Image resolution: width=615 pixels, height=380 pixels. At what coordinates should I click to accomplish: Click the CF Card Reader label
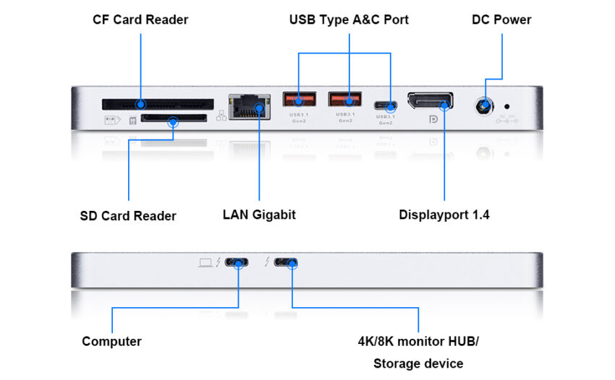point(140,20)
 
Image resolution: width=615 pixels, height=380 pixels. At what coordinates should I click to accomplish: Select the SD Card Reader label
point(128,215)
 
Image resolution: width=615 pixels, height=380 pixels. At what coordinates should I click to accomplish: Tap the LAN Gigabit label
point(259,215)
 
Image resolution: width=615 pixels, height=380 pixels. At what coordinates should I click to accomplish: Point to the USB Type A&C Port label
point(349,20)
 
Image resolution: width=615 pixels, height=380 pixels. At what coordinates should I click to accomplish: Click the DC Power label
point(501,20)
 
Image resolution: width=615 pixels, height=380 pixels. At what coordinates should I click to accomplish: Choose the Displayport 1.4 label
point(444,215)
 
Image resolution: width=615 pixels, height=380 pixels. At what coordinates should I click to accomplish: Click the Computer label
point(111,341)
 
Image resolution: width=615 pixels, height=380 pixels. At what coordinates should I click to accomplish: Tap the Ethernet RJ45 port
point(250,107)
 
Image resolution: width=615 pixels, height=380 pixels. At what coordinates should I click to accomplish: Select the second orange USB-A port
point(345,99)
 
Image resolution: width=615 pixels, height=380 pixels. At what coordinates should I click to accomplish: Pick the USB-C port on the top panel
point(385,105)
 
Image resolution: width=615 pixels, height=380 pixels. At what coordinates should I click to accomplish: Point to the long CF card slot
point(158,103)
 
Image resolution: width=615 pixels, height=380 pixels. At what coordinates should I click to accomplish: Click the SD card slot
point(172,118)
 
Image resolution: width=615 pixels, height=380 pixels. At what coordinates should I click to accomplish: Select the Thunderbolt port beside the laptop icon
point(238,263)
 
